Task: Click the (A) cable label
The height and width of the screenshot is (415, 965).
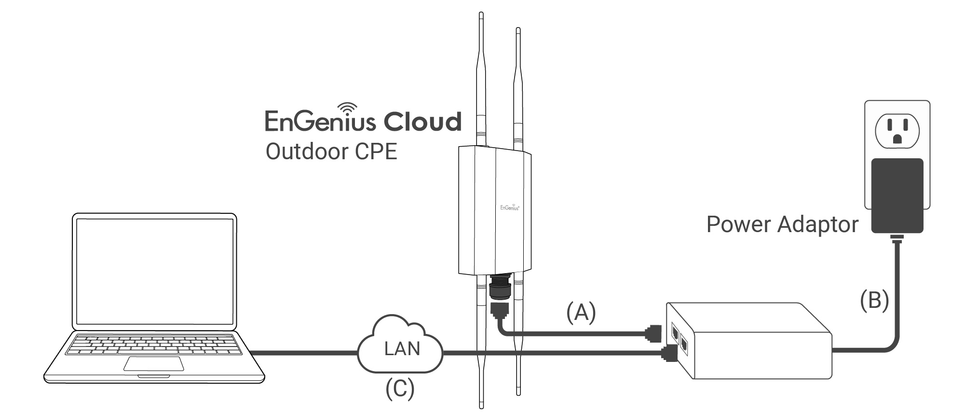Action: [581, 312]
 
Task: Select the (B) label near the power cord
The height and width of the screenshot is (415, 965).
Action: [874, 300]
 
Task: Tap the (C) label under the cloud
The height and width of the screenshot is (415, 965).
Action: [400, 389]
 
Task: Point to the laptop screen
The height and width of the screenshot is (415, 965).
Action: [154, 271]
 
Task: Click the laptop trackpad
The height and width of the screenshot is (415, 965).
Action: [153, 364]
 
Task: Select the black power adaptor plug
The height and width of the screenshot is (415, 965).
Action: [897, 195]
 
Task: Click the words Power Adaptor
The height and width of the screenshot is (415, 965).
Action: [782, 224]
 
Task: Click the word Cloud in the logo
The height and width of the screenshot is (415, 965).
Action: [416, 122]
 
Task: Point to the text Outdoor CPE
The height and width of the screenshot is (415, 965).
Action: [331, 152]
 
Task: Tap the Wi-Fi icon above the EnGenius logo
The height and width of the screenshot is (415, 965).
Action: [347, 109]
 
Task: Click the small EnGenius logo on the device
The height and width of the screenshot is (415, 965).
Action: [510, 208]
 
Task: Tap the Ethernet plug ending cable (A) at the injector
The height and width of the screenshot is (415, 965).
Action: [653, 333]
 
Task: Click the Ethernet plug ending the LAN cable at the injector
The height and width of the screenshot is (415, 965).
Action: [669, 354]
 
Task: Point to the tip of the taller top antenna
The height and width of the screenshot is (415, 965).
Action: [481, 14]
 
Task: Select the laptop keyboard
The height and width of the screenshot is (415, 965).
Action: [153, 345]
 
